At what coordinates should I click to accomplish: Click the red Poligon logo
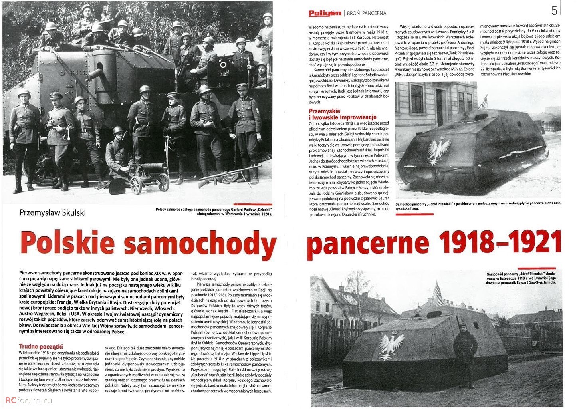325,13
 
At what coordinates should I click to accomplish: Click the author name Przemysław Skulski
52,212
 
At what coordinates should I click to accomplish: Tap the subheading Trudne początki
41,346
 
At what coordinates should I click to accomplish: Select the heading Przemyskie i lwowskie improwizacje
343,114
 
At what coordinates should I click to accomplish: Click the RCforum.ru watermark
28,400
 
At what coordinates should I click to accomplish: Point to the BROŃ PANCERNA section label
367,13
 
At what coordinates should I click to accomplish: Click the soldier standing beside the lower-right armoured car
465,355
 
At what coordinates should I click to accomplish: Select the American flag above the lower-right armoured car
438,293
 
